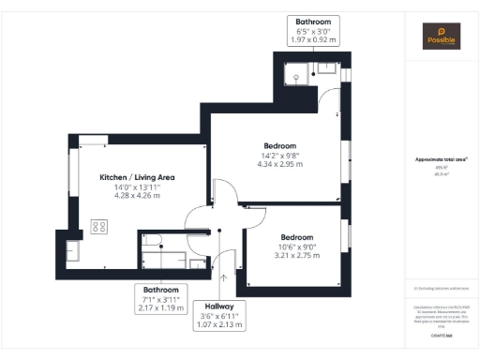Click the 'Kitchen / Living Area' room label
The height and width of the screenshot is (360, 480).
pos(138,177)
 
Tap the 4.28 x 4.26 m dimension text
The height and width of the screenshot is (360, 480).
pos(138,196)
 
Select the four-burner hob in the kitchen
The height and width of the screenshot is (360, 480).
pos(97,226)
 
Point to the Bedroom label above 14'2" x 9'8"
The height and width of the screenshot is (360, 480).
pos(280,146)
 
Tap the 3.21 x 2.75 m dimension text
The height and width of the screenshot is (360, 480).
pos(296,255)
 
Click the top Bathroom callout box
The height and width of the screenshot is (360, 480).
pos(314,30)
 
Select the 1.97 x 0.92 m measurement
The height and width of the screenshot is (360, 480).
pos(314,40)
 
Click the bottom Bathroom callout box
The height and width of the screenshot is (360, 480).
pos(160,298)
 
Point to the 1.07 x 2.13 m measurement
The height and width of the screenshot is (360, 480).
pos(224,325)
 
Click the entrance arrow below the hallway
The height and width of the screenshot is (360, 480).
pos(223,277)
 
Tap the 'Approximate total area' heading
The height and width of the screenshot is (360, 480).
pos(441,160)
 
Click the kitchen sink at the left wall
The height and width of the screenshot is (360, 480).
pos(74,251)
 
